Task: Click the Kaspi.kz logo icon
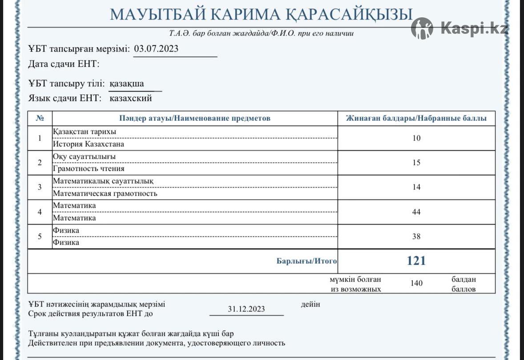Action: tap(422, 28)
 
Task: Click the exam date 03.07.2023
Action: tap(156, 49)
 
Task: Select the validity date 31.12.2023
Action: tap(246, 309)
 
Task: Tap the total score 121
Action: tap(416, 261)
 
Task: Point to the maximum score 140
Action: tap(417, 283)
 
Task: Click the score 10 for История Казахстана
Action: tap(416, 138)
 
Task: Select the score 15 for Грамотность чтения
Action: tap(416, 162)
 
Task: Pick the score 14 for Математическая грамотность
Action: tap(416, 187)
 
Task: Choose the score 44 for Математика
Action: tap(416, 212)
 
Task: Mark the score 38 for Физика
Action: tap(416, 236)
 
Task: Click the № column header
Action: tap(40, 118)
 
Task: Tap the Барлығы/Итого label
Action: tap(306, 261)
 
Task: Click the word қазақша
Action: tap(127, 84)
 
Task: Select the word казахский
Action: tap(130, 98)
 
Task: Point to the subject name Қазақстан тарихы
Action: tap(85, 132)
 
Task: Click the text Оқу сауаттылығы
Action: tap(84, 157)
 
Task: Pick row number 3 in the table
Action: tap(40, 187)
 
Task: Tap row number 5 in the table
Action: tap(40, 236)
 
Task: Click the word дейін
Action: tap(310, 304)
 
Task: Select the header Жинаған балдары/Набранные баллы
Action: tap(416, 118)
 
